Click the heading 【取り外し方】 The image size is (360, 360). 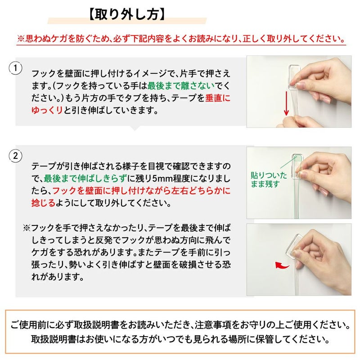click(x=127, y=13)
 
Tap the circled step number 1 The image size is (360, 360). click(x=16, y=68)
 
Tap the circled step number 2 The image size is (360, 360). click(x=16, y=156)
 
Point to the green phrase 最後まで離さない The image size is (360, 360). click(x=178, y=85)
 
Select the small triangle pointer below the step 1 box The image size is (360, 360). click(x=134, y=128)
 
